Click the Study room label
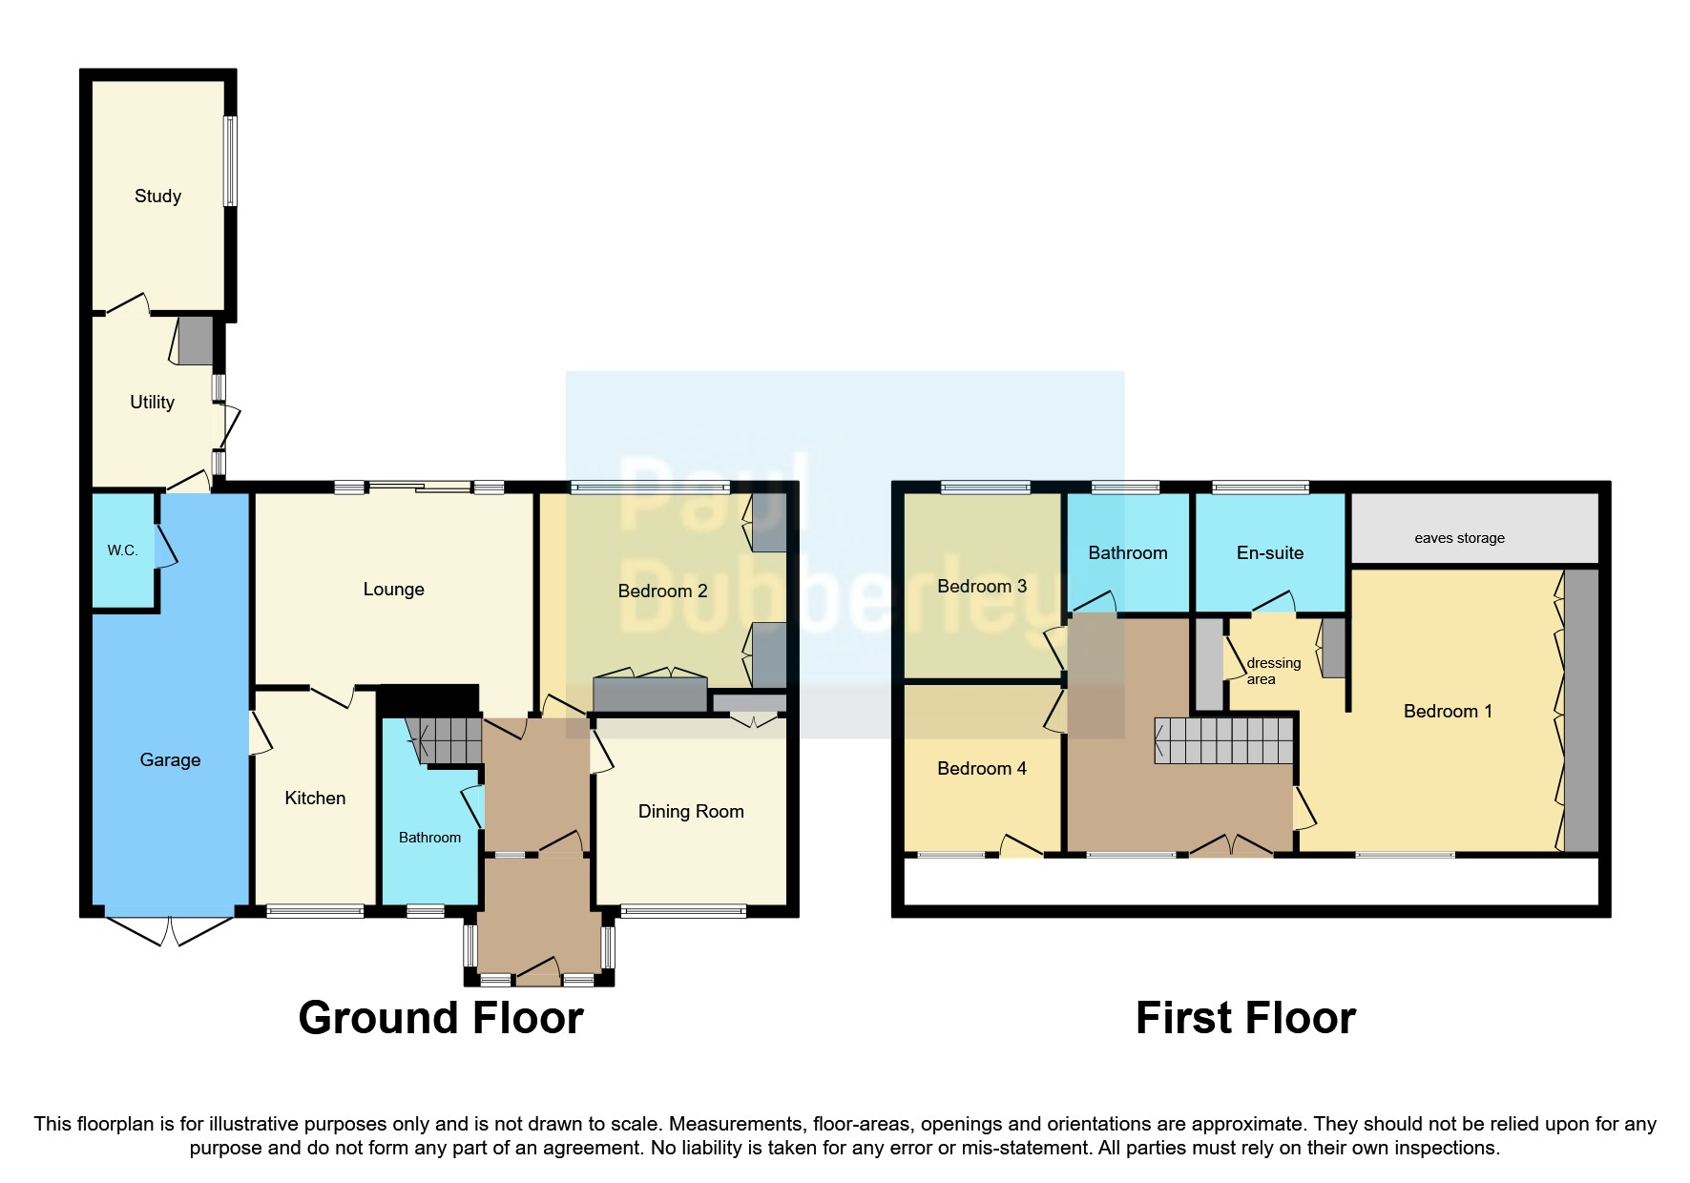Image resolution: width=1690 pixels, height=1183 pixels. (x=157, y=197)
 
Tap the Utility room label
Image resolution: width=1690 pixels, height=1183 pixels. (x=152, y=403)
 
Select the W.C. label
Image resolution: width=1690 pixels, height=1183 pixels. (x=122, y=550)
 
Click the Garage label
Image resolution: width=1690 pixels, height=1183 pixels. (x=170, y=760)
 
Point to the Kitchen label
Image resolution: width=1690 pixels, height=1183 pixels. (x=315, y=799)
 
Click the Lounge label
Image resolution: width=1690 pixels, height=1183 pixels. (x=393, y=590)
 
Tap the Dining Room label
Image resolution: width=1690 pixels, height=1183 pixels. (x=691, y=812)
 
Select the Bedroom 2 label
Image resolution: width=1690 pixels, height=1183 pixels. (x=662, y=591)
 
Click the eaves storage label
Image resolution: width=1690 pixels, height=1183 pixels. (x=1459, y=538)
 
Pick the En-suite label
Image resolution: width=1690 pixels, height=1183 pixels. (x=1269, y=553)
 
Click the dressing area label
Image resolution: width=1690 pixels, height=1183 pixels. (x=1273, y=671)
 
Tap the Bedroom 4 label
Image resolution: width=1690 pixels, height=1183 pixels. (x=981, y=769)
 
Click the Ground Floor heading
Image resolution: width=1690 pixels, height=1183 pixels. (x=441, y=1018)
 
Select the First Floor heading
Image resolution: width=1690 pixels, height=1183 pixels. (x=1245, y=1018)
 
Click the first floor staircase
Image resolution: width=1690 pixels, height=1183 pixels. (x=1223, y=741)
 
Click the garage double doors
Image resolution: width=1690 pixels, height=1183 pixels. (x=169, y=931)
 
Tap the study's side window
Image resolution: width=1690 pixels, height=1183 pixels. (x=230, y=161)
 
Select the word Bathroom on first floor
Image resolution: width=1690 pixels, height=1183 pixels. (x=1127, y=553)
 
